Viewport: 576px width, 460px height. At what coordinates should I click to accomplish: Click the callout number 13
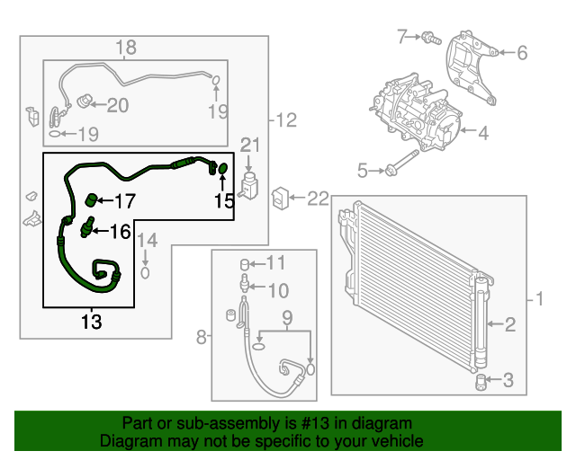coord(91,321)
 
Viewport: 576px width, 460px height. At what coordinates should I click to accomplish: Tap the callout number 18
coord(126,48)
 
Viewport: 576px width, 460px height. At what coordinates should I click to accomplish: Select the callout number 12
coord(285,119)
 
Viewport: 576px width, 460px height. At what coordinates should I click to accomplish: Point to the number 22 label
coord(319,198)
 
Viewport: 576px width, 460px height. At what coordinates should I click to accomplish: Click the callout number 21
coord(249,145)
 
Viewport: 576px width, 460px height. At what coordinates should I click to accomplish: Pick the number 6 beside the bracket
coord(521,53)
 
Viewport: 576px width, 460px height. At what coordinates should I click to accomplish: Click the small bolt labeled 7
coord(429,38)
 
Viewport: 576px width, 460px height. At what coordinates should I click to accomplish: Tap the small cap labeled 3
coord(481,381)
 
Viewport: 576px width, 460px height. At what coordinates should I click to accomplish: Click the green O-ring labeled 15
coord(222,168)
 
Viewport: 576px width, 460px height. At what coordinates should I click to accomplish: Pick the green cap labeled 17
coord(91,199)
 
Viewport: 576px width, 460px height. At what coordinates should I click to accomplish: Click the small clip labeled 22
coord(281,196)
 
